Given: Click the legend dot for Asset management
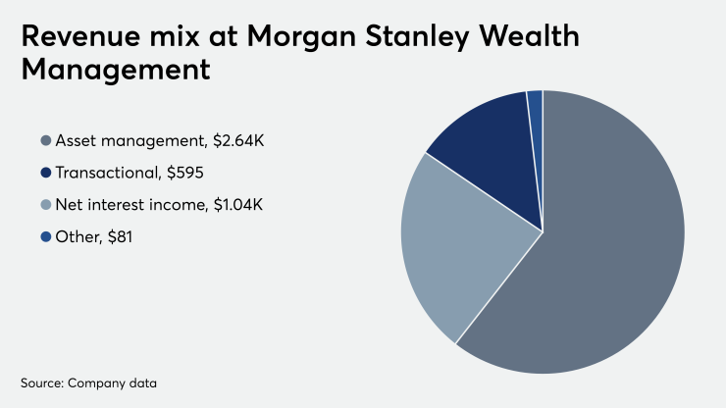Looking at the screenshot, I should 45,141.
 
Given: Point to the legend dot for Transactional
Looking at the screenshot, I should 45,174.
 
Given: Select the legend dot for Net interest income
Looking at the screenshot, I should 45,205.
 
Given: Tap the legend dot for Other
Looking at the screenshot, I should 45,236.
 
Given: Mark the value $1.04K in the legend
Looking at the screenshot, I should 240,205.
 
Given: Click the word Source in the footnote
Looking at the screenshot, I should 40,380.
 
